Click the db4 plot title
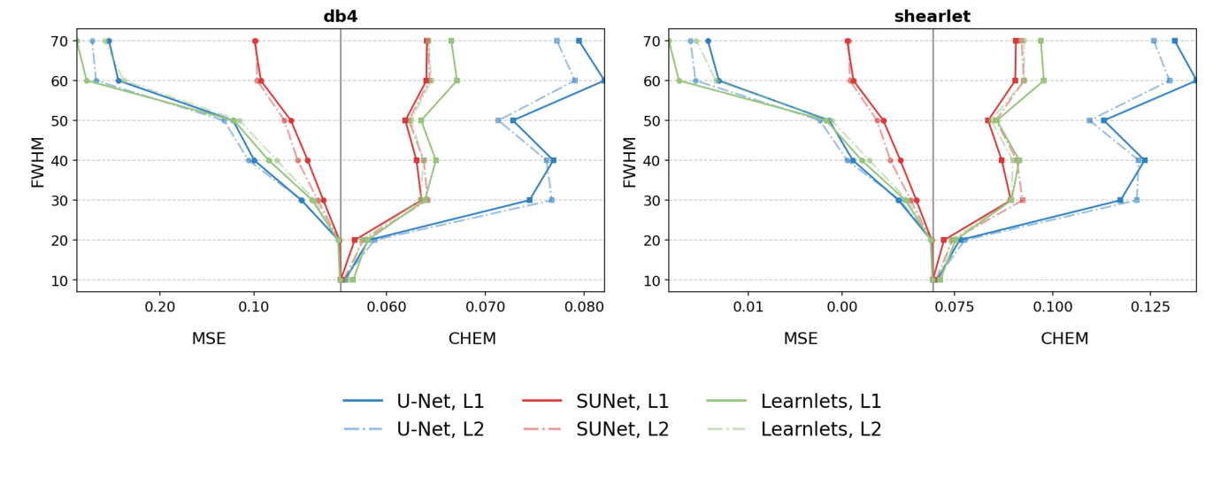click(x=340, y=17)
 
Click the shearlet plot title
click(x=932, y=17)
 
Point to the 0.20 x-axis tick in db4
click(x=160, y=306)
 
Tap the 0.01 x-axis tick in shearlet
click(x=748, y=306)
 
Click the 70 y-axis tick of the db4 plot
click(x=59, y=41)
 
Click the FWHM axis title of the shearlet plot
click(x=630, y=161)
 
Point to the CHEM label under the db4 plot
click(x=472, y=339)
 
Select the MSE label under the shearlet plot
click(x=801, y=339)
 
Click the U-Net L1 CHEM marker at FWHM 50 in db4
click(x=513, y=120)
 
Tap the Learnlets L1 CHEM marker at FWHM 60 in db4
click(x=457, y=81)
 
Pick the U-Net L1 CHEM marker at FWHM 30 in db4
click(x=530, y=200)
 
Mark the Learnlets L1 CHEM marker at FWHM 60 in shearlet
click(x=1043, y=81)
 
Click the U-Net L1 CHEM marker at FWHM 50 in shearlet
click(x=1103, y=120)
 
